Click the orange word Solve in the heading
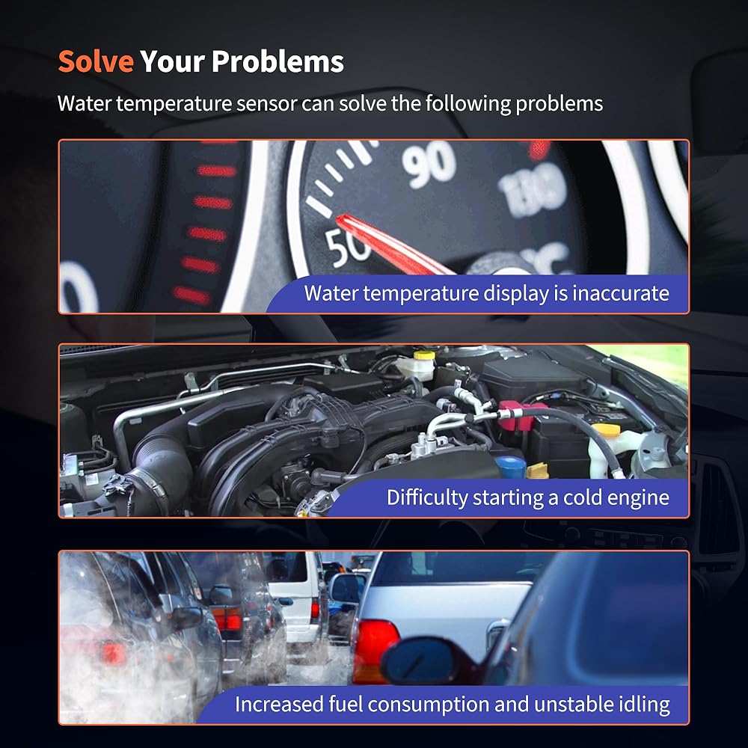coord(96,61)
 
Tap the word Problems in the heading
coord(278,61)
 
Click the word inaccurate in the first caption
coord(620,293)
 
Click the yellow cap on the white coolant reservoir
coord(424,355)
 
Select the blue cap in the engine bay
coord(510,466)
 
